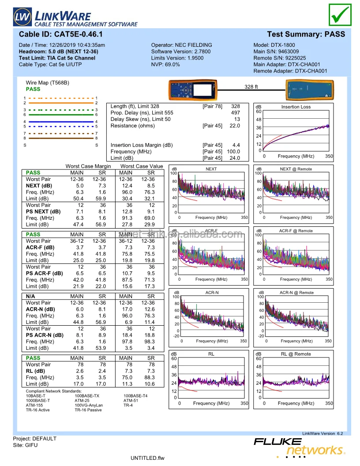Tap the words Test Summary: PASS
[x=306, y=34]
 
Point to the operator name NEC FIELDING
[x=194, y=45]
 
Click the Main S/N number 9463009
[x=289, y=52]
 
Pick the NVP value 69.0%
[x=172, y=64]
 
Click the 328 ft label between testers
[x=251, y=87]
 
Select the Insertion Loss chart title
[x=296, y=107]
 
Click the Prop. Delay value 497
[x=236, y=113]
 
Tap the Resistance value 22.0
[x=235, y=126]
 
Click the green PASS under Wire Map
[x=33, y=89]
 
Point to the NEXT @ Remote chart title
[x=296, y=169]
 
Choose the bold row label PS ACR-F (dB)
[x=44, y=273]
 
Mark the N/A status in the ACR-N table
[x=30, y=296]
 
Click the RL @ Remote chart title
[x=296, y=354]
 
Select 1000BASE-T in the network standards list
[x=38, y=401]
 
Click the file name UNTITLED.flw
[x=147, y=458]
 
